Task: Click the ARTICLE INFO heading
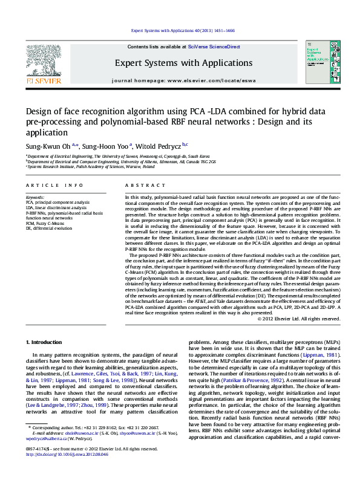(54, 185)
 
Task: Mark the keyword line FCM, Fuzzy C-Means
(45, 223)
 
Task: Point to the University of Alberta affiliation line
(120, 161)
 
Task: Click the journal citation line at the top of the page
(183, 30)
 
